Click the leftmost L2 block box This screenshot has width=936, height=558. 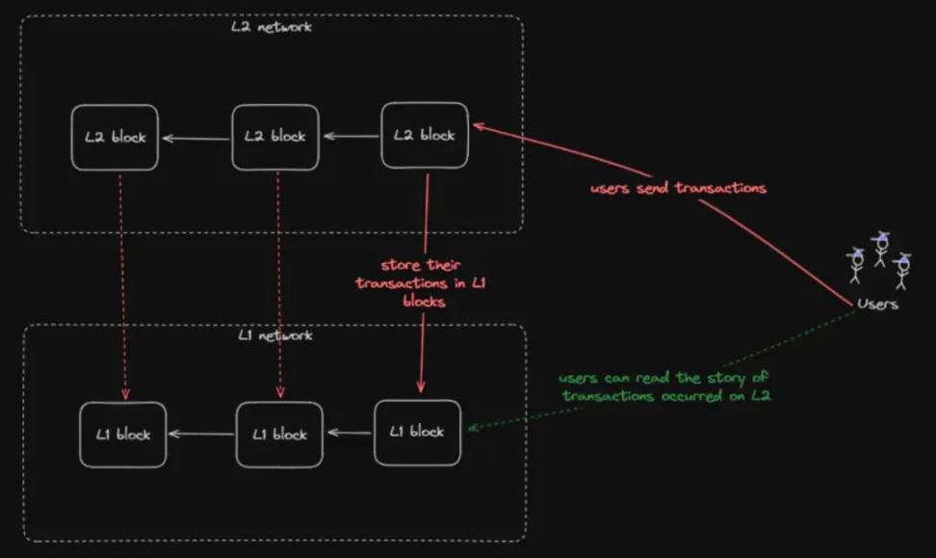coord(115,138)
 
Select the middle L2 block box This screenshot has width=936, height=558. coord(275,137)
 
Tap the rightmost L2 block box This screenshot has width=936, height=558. coord(425,135)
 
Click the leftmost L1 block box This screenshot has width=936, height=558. coord(123,435)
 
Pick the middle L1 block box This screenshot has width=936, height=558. coord(279,435)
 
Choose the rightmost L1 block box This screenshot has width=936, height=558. coord(417,432)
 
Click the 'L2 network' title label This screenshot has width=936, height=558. coord(272,26)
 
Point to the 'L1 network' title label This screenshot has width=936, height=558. coord(275,335)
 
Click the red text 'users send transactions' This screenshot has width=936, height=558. coord(678,188)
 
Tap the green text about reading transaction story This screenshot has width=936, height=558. coord(664,386)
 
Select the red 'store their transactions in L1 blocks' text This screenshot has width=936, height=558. coord(421,282)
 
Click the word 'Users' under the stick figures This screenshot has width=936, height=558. coord(877,305)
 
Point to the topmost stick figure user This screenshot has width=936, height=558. coord(880,249)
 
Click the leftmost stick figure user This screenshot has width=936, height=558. coord(856,266)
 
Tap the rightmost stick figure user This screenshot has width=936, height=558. coord(902,271)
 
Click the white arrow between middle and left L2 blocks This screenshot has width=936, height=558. coord(196,139)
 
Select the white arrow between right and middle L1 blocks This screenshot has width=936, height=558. coord(350,432)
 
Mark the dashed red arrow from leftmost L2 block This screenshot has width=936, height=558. coord(122,287)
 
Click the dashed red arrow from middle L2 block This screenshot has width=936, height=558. coord(278,285)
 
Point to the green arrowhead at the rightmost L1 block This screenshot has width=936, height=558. coord(475,427)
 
